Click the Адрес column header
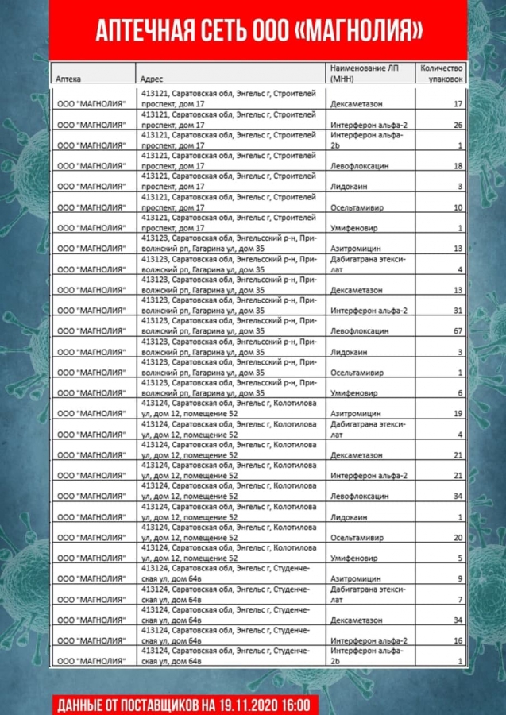(152, 79)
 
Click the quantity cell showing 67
(458, 330)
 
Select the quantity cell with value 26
(458, 125)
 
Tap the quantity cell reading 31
(458, 310)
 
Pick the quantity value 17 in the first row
(458, 104)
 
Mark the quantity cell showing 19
(458, 413)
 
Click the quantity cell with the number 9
(460, 578)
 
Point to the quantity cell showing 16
(458, 640)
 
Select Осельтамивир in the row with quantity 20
(358, 537)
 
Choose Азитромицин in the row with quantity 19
(357, 413)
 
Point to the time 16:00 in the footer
(299, 704)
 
